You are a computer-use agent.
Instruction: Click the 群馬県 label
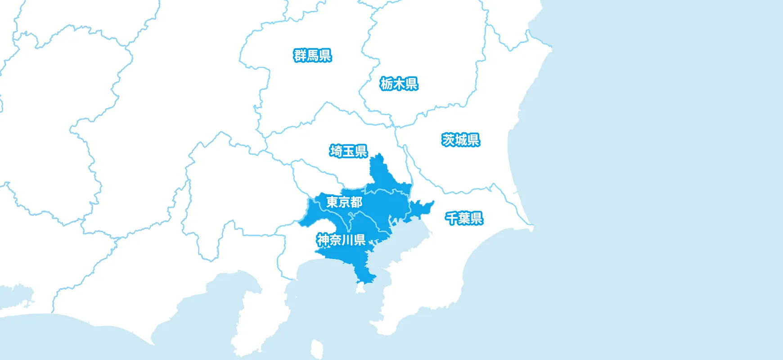(313, 56)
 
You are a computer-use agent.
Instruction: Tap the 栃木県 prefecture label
(399, 84)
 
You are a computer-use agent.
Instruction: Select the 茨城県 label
(461, 140)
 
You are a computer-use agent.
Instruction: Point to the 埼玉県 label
(349, 151)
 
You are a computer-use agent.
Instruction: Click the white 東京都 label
(344, 202)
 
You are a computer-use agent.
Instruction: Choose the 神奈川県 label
(341, 240)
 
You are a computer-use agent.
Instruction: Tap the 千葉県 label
(464, 218)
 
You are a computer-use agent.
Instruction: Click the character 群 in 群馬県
(300, 56)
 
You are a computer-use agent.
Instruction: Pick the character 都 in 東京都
(356, 202)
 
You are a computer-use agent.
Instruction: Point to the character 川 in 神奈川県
(347, 240)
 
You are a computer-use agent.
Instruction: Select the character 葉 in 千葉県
(464, 218)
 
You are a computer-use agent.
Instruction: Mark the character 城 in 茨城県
(461, 140)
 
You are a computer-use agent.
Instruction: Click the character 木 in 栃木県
(399, 84)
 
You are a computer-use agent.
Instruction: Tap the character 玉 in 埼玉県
(349, 151)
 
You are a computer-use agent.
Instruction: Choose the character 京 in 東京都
(344, 202)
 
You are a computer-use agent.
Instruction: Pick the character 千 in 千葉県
(451, 218)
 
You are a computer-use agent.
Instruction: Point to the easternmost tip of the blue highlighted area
(433, 202)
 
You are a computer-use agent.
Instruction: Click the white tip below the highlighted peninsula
(360, 288)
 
